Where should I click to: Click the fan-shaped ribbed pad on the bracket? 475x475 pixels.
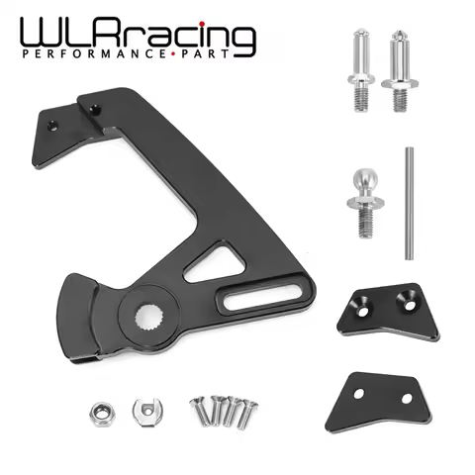tap(88, 307)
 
